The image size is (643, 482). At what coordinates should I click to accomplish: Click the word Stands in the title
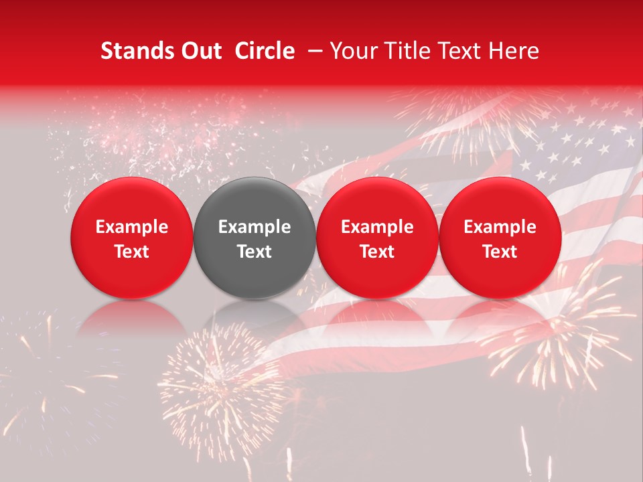coord(134,51)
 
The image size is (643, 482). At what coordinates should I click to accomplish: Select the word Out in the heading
coord(198,51)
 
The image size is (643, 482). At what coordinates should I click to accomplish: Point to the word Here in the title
coord(514,51)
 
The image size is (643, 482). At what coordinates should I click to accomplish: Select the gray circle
coord(255,238)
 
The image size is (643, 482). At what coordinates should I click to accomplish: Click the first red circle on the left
coord(132,238)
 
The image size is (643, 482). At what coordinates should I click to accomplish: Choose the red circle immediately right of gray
coord(377,238)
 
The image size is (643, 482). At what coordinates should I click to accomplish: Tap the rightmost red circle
coord(500,238)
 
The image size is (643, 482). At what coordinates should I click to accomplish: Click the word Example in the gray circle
coord(255,227)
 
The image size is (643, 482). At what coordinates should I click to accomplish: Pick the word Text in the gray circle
coord(255,252)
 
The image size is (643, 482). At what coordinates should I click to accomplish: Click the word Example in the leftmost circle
coord(132,227)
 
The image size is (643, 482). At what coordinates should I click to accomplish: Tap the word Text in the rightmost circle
coord(500,252)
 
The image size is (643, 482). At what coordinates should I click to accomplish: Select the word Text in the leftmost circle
coord(132,252)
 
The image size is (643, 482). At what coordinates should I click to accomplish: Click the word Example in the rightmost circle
coord(500,227)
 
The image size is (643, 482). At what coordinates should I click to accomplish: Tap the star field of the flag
coord(576,151)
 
